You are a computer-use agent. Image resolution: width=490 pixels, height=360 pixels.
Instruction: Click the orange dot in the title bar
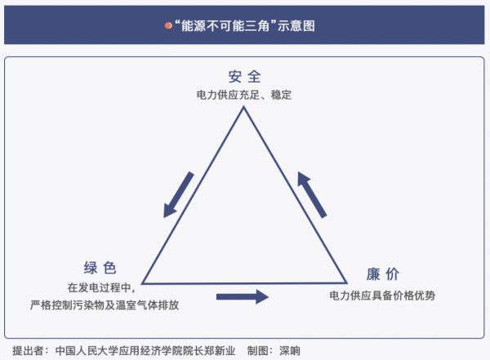168,25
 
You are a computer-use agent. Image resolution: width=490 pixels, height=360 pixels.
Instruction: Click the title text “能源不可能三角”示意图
245,25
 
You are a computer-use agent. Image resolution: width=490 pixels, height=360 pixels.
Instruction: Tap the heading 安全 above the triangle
244,77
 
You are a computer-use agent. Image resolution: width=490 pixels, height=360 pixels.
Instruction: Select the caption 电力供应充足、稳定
244,95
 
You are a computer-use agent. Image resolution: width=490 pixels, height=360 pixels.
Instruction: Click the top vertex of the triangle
243,107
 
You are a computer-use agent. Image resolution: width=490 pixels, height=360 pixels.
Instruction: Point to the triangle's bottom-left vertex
142,283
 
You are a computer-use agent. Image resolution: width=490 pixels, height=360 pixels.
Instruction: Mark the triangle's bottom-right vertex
346,283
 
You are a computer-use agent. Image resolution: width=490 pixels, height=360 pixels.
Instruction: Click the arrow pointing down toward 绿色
179,194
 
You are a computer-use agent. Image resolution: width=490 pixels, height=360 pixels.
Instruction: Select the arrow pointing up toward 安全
312,194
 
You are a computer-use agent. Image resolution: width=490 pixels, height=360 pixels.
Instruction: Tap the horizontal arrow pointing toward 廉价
243,296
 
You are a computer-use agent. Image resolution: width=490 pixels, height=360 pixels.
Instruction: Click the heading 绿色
100,268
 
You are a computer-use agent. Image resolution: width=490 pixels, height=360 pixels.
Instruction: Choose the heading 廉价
383,274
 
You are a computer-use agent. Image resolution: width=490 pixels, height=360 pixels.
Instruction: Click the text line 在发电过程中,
101,287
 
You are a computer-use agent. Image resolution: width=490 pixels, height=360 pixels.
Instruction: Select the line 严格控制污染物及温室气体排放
105,304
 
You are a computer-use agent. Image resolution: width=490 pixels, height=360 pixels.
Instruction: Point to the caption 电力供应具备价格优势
382,296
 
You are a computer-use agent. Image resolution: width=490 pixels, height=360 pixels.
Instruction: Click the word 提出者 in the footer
28,351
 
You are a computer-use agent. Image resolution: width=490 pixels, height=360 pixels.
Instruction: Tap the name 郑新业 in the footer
220,351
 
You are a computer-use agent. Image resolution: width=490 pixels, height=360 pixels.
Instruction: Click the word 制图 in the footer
258,351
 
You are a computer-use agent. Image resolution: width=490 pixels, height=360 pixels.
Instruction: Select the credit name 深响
290,351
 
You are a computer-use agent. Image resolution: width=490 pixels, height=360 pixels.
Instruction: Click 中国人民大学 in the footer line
87,351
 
